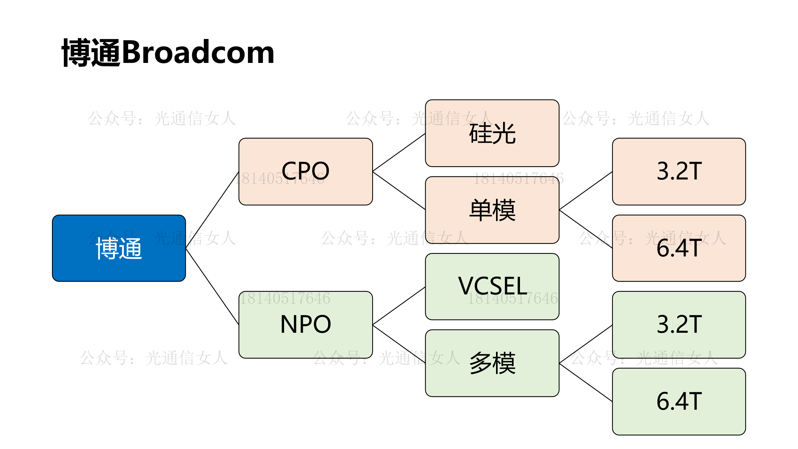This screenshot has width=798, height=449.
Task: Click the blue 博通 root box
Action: (119, 248)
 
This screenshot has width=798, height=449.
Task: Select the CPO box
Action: (305, 171)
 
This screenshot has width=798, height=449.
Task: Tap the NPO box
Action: (305, 324)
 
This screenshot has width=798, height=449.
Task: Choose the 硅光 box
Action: (492, 133)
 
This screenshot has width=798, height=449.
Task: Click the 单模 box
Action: (492, 210)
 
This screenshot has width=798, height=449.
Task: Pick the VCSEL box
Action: (492, 286)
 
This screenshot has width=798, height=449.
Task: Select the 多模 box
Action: (492, 363)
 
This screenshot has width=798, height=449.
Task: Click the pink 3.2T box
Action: (679, 171)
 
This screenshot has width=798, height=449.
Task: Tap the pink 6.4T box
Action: (679, 248)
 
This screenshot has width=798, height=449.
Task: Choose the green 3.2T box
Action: (679, 324)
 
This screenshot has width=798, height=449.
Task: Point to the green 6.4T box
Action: (679, 401)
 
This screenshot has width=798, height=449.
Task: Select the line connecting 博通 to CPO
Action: (212, 210)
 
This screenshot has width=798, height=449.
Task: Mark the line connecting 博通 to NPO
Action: (212, 286)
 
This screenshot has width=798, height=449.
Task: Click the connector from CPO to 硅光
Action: (399, 153)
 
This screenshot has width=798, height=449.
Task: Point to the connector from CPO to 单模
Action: (399, 191)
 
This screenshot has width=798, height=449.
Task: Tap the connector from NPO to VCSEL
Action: (399, 306)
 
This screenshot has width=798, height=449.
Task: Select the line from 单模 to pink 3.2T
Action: (586, 191)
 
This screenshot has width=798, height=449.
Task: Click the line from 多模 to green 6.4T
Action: (586, 382)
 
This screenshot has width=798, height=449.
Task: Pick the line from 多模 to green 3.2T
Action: (586, 344)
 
